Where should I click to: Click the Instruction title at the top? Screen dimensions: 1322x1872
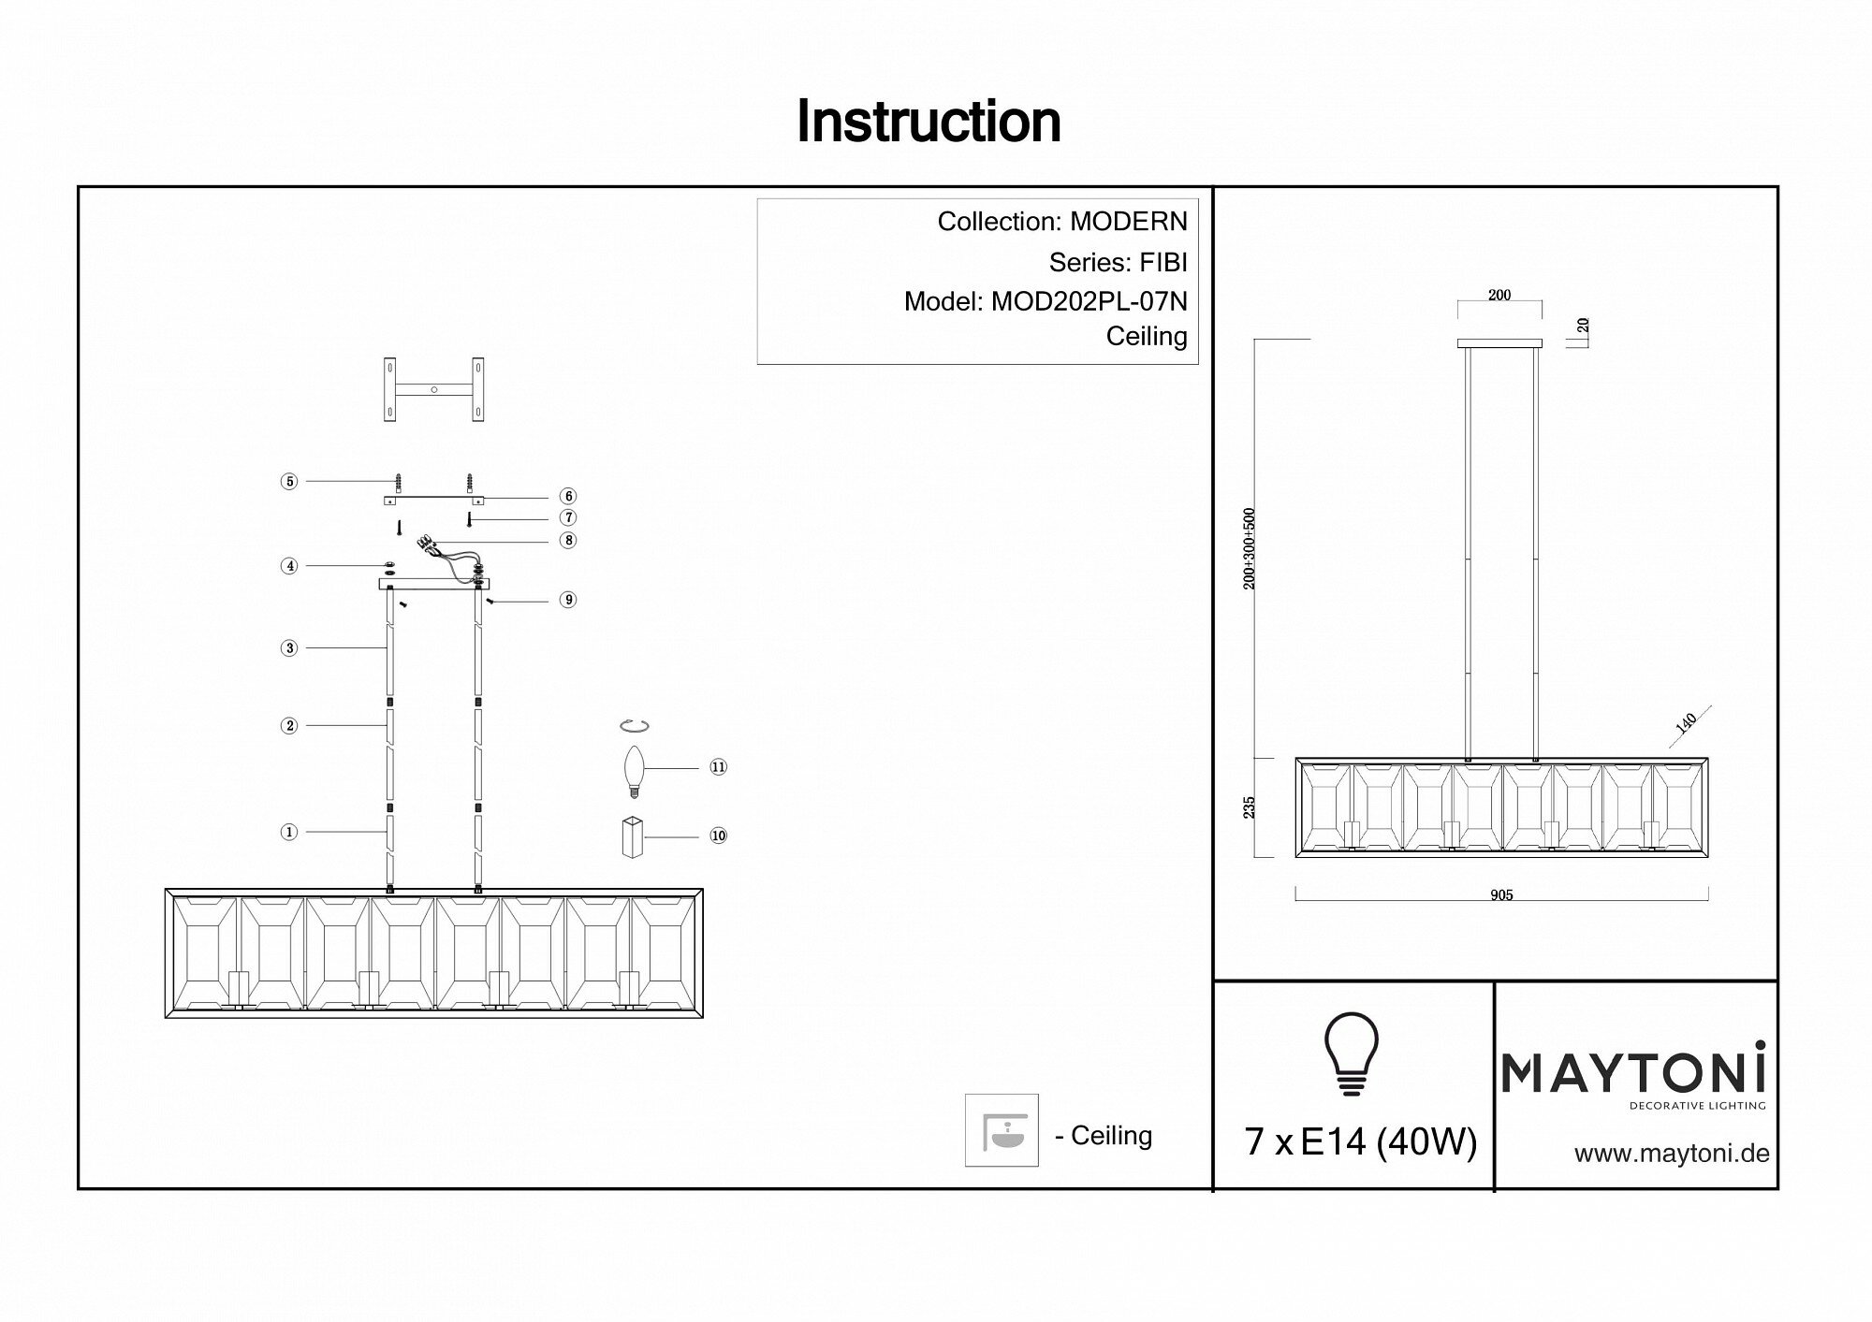coord(928,122)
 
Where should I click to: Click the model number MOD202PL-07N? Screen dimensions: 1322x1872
coord(1089,301)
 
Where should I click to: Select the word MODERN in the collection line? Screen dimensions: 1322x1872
coord(1128,222)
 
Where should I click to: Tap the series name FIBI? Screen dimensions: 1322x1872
coord(1163,262)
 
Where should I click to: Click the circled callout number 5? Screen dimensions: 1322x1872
coord(289,482)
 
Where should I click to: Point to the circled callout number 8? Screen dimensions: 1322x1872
coord(567,540)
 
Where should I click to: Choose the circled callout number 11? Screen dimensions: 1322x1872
coord(718,767)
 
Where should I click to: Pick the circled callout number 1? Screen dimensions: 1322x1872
coord(289,832)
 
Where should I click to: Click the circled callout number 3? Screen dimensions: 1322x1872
coord(289,648)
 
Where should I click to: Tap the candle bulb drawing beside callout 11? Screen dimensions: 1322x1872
coord(636,770)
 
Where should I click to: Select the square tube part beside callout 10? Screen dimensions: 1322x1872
coord(634,836)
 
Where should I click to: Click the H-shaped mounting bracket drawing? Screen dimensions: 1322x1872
coord(434,389)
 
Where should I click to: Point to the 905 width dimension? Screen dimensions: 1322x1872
coord(1500,895)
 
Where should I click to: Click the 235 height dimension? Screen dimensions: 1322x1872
coord(1249,807)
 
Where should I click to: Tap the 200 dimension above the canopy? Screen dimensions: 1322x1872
coord(1499,296)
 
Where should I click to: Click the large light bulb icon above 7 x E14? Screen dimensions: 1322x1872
coord(1351,1053)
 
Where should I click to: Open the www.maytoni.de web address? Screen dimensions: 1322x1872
coord(1672,1154)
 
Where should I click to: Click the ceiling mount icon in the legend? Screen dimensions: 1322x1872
coord(1002,1130)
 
